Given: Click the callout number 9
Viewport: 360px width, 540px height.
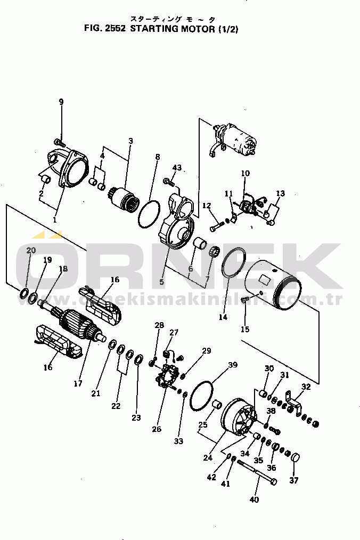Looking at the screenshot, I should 61,102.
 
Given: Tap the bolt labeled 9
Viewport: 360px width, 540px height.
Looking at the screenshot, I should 59,142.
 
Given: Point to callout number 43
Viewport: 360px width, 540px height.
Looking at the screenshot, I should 177,168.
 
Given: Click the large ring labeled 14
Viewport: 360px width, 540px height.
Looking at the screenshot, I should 233,263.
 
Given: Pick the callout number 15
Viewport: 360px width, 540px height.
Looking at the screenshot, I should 244,329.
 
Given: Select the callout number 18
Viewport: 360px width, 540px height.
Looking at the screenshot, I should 63,269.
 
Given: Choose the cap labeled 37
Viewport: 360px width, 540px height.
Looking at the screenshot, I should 296,457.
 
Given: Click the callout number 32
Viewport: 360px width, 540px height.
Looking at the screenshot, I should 306,387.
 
